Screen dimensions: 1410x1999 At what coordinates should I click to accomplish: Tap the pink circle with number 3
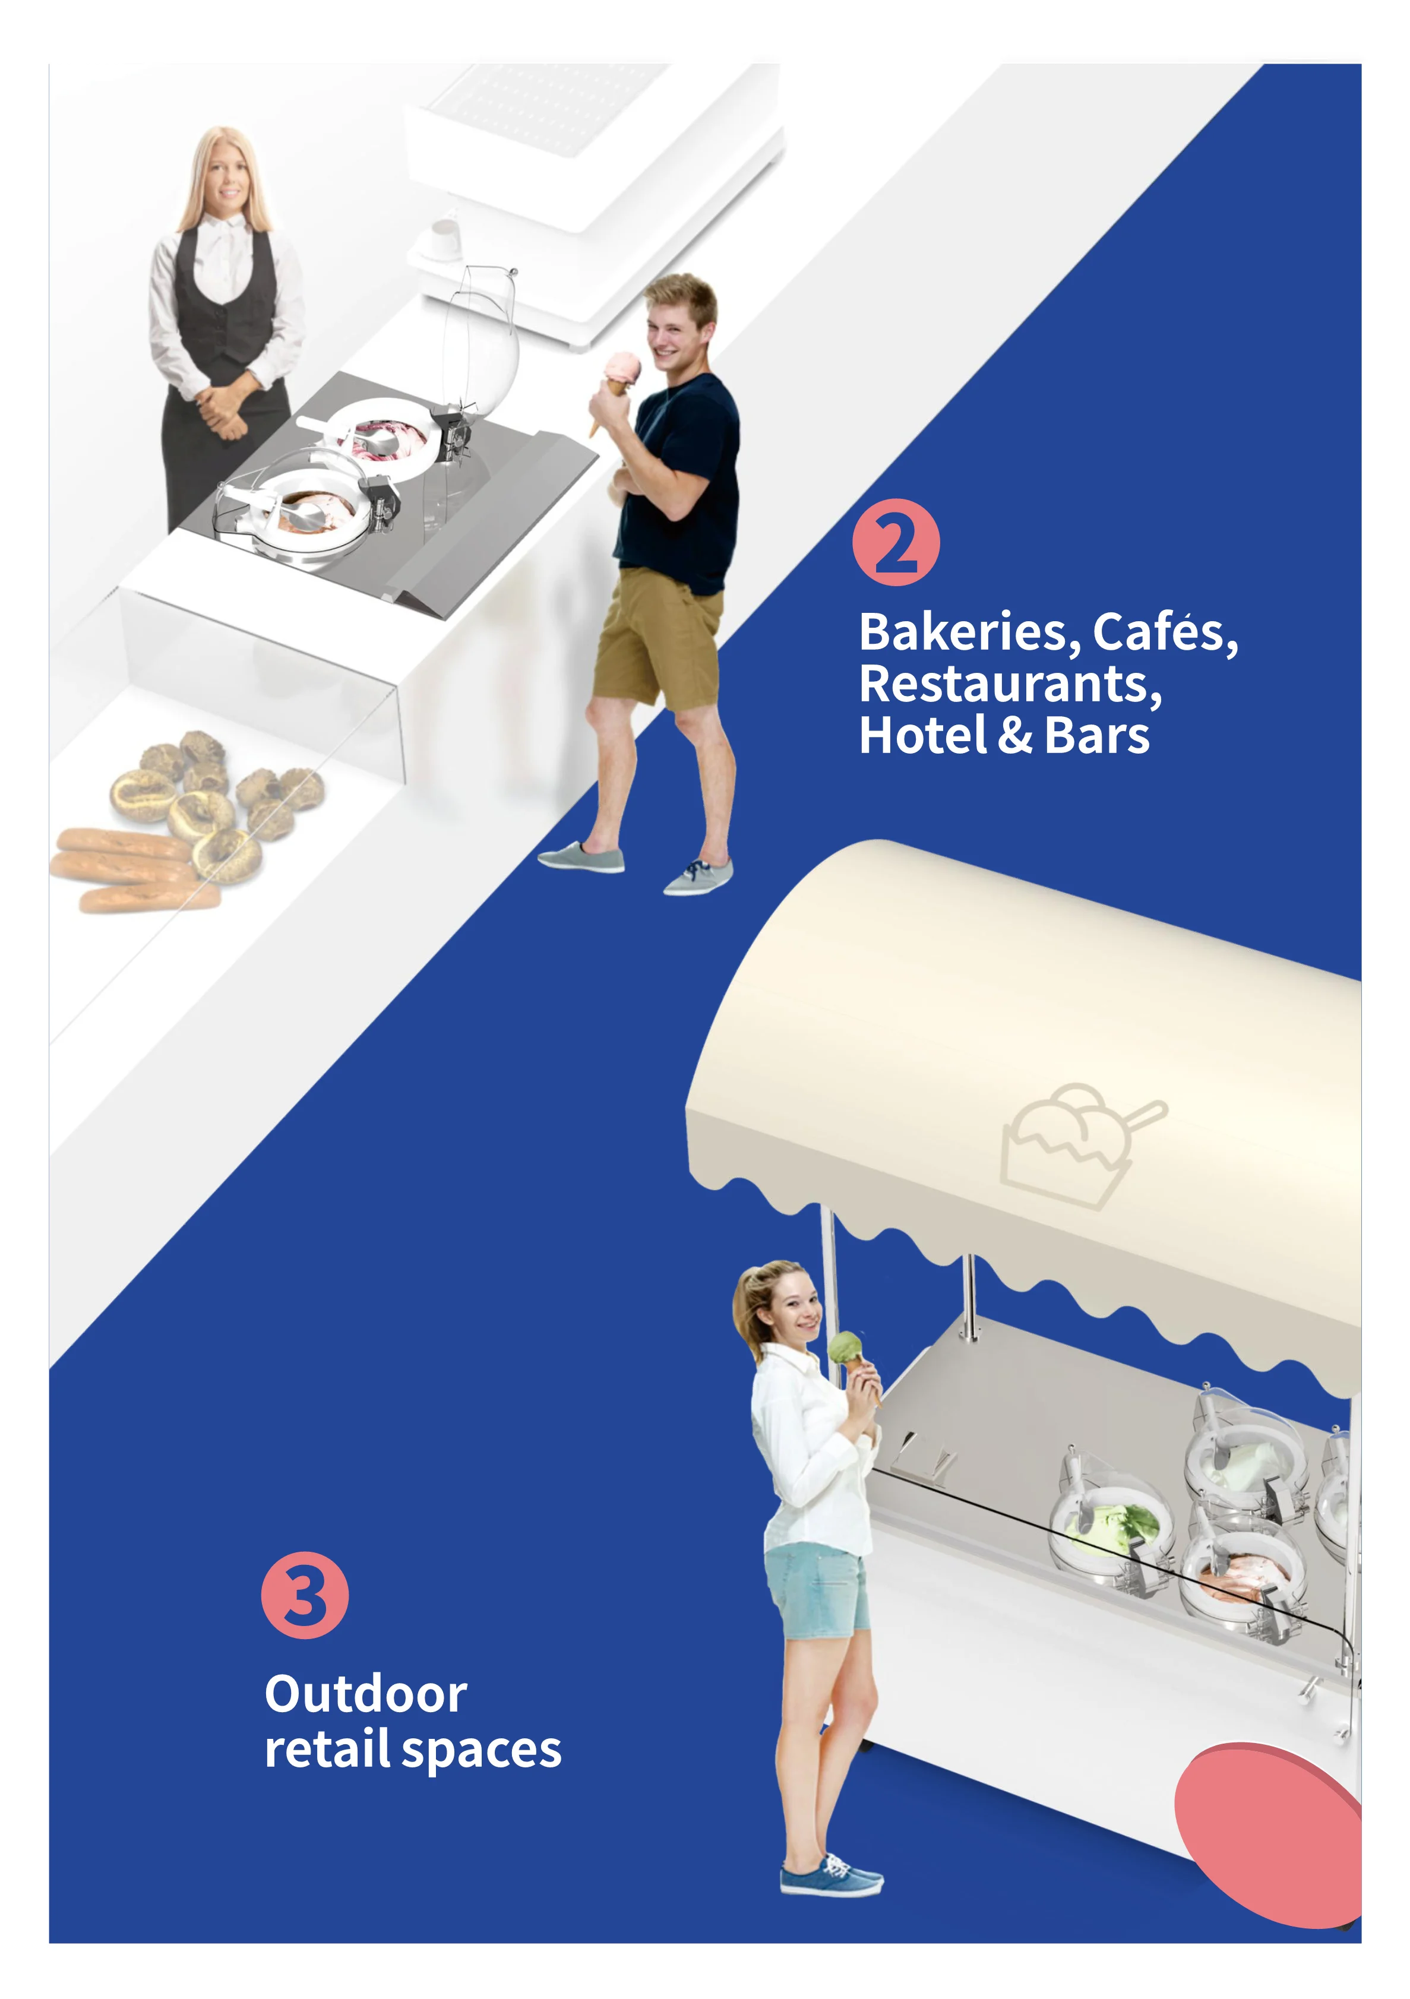pyautogui.click(x=305, y=1595)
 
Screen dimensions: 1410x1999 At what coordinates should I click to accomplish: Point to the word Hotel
pyautogui.click(x=923, y=736)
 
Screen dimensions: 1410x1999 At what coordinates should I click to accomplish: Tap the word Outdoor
pyautogui.click(x=366, y=1694)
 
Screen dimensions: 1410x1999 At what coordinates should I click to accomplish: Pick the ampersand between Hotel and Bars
pyautogui.click(x=1016, y=736)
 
